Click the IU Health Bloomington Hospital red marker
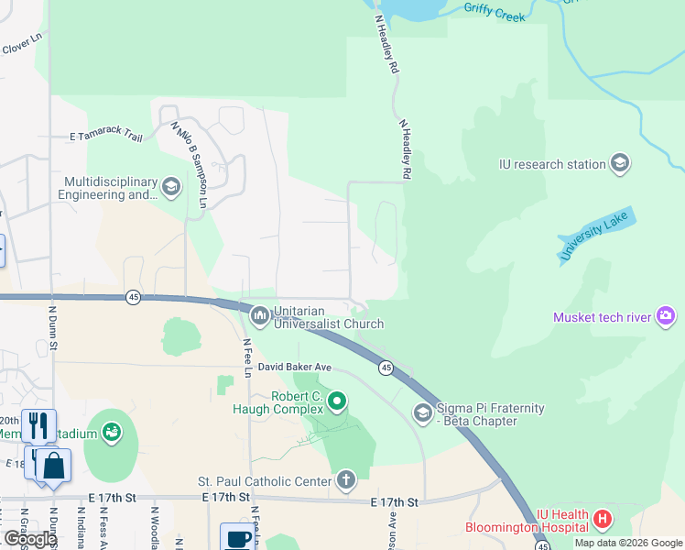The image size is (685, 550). point(603,520)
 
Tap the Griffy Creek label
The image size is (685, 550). point(495,11)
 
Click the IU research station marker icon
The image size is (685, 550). point(620,164)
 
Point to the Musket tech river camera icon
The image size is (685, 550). point(666,317)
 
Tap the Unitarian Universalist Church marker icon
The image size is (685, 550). point(260,316)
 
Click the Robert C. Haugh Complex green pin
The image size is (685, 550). point(337,401)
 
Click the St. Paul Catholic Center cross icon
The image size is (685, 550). point(346,479)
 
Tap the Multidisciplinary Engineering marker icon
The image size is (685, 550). point(170,188)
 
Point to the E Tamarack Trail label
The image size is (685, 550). point(106,137)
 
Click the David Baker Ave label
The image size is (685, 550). point(294,367)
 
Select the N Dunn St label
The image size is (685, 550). point(52,335)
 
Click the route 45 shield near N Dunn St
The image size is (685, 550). point(134,297)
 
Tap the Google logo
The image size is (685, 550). point(30,539)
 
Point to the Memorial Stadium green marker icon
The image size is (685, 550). point(112,430)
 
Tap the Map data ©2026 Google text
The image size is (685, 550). point(628,543)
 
